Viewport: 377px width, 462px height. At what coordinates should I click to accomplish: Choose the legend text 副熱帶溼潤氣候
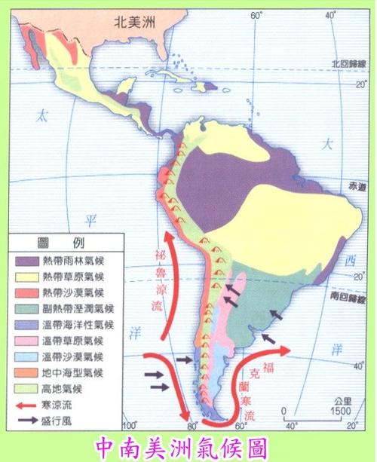(75, 307)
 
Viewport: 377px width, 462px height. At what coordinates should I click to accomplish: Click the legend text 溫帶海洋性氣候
(75, 324)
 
